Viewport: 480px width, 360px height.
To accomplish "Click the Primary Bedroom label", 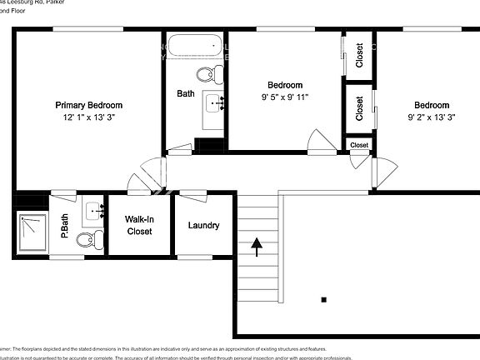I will [88, 106].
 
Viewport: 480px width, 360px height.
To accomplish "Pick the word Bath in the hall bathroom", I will [186, 94].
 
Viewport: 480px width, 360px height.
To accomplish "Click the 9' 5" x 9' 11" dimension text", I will [285, 97].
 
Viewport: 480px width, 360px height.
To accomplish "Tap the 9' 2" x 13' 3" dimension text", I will [431, 117].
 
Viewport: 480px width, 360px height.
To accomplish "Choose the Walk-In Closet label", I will [138, 225].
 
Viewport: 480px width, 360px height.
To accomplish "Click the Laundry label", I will [203, 226].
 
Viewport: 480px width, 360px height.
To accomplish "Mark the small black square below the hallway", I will [323, 299].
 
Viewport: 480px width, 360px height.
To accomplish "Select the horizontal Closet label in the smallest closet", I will [359, 145].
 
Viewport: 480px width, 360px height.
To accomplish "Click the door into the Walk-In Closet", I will [137, 183].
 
